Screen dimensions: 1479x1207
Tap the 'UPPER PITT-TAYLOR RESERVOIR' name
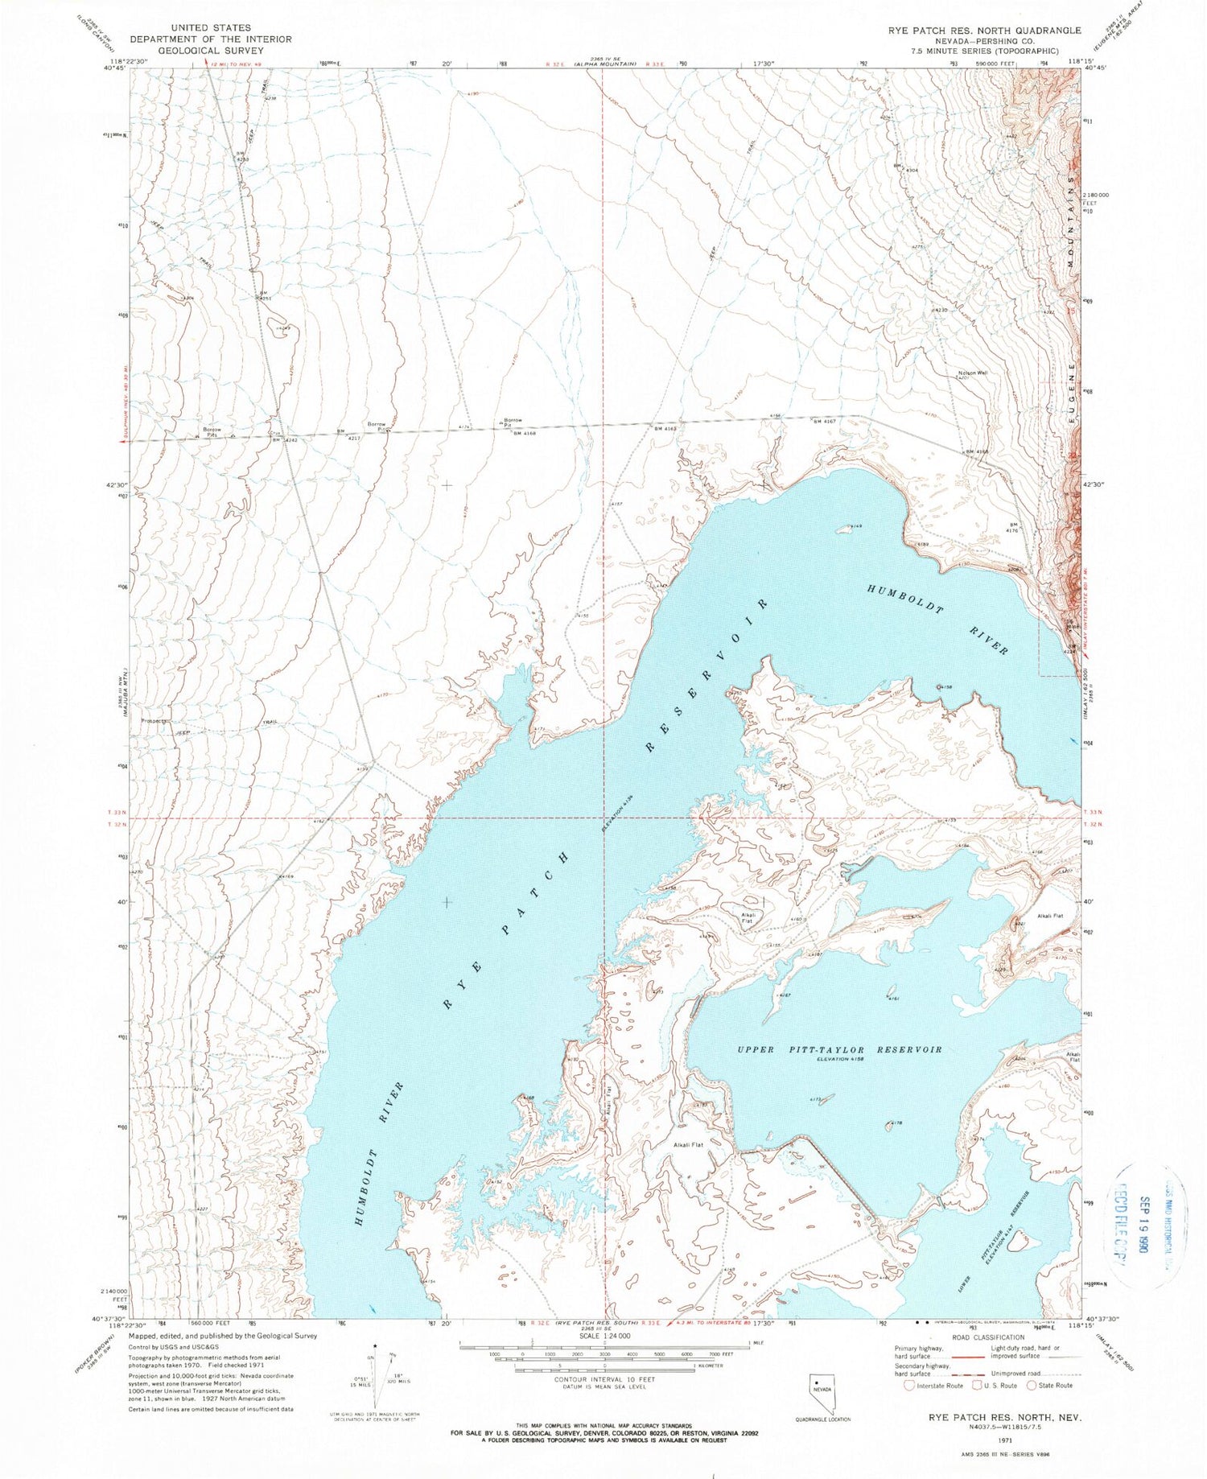[x=839, y=1049]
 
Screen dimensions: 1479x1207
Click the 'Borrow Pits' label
[x=212, y=432]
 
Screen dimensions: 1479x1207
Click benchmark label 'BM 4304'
[x=906, y=168]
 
